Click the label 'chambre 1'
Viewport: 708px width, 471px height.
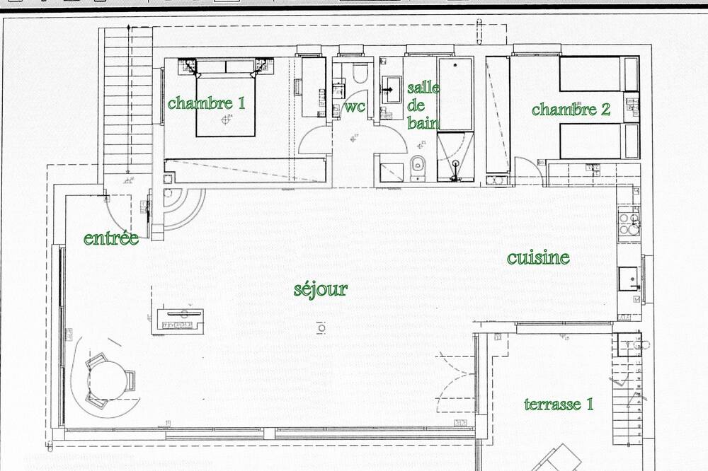(x=206, y=103)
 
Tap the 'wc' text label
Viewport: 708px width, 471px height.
(x=355, y=107)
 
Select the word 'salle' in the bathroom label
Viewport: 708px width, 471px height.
(x=423, y=88)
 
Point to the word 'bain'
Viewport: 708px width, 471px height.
(x=423, y=122)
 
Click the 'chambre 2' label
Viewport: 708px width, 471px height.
(x=571, y=109)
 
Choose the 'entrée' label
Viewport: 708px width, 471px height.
(x=111, y=238)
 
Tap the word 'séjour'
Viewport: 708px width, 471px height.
(x=321, y=289)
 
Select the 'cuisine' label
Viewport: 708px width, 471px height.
(x=538, y=257)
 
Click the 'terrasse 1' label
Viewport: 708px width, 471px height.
(x=559, y=405)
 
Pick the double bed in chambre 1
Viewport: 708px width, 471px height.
(x=226, y=98)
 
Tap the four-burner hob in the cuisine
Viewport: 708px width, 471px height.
(x=629, y=223)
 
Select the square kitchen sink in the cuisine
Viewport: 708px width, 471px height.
(x=628, y=279)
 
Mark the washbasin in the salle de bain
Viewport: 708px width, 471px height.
(x=392, y=90)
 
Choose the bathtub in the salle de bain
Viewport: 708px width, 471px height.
(x=455, y=94)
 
